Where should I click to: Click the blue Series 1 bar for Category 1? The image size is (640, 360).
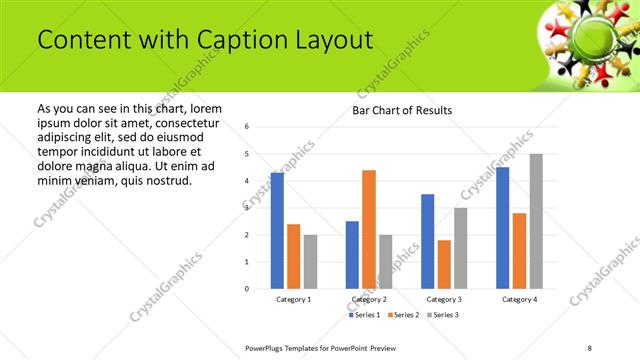pyautogui.click(x=277, y=231)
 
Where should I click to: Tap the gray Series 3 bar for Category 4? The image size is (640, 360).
pyautogui.click(x=536, y=221)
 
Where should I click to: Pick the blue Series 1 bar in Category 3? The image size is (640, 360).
pyautogui.click(x=427, y=241)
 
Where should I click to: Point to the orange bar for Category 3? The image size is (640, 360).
pyautogui.click(x=444, y=264)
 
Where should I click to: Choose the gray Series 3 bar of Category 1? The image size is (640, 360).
pyautogui.click(x=310, y=262)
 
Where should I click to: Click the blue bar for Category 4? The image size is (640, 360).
pyautogui.click(x=503, y=228)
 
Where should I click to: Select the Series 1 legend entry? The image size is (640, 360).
pyautogui.click(x=365, y=315)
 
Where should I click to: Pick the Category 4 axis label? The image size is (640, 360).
pyautogui.click(x=519, y=299)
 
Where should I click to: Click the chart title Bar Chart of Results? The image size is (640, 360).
pyautogui.click(x=402, y=110)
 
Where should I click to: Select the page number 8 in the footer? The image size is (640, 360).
pyautogui.click(x=590, y=347)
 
